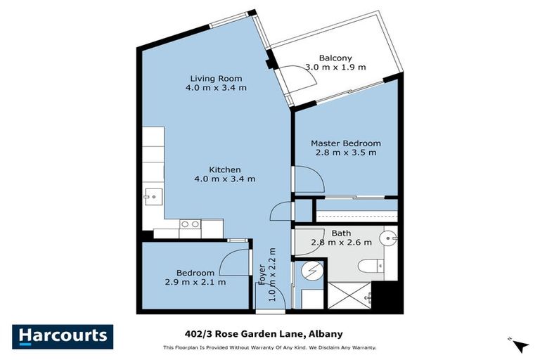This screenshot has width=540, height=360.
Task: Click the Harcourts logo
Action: click(63, 336)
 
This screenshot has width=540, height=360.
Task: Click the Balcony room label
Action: click(335, 58)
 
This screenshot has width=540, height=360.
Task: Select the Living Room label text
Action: click(216, 78)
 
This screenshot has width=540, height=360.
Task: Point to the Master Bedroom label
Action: click(346, 143)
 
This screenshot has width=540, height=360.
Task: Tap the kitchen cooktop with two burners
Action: click(190, 224)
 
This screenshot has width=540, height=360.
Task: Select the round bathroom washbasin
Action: click(388, 239)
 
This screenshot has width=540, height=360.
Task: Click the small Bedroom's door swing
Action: click(233, 264)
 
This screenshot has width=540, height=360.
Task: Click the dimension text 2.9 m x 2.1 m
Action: click(195, 282)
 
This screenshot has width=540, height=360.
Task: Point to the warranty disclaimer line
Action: click(270, 347)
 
